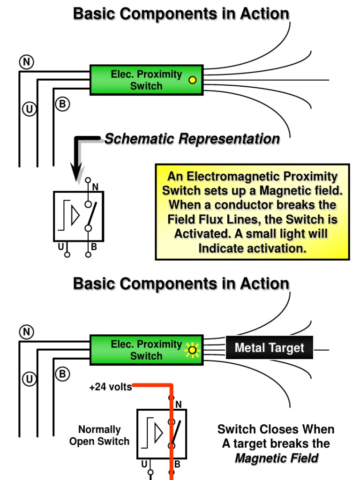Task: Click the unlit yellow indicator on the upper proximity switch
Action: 192,80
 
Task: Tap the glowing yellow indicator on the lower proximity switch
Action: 191,350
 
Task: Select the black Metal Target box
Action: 269,348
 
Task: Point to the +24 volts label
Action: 110,388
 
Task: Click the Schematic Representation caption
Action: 192,139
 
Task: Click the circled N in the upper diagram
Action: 26,62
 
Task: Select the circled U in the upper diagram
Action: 29,109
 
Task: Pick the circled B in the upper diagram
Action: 62,104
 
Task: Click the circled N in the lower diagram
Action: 26,332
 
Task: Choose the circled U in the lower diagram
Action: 29,379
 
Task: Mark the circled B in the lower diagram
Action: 62,374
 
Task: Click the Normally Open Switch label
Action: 99,435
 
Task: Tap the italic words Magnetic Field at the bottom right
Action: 277,458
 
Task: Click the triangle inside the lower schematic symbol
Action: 158,433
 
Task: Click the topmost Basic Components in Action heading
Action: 181,14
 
